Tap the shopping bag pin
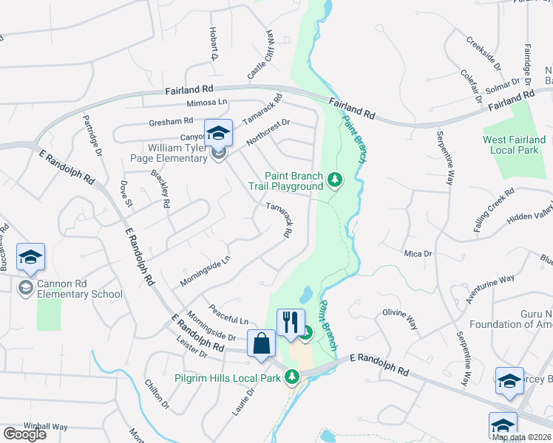tap(262, 343)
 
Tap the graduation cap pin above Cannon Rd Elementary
tap(30, 257)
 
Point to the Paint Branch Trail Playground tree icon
tap(335, 179)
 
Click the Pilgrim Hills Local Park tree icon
tap(292, 378)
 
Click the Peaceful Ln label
tap(228, 314)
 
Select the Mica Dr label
tap(417, 253)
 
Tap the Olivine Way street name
tap(399, 319)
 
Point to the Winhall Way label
tap(46, 426)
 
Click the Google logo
tap(24, 434)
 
